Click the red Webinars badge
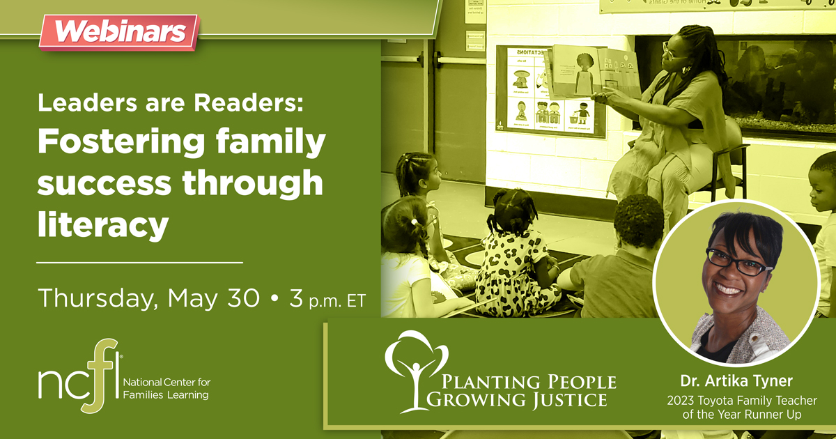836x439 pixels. [118, 32]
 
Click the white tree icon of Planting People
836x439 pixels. [417, 369]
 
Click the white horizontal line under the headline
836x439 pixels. [139, 263]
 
